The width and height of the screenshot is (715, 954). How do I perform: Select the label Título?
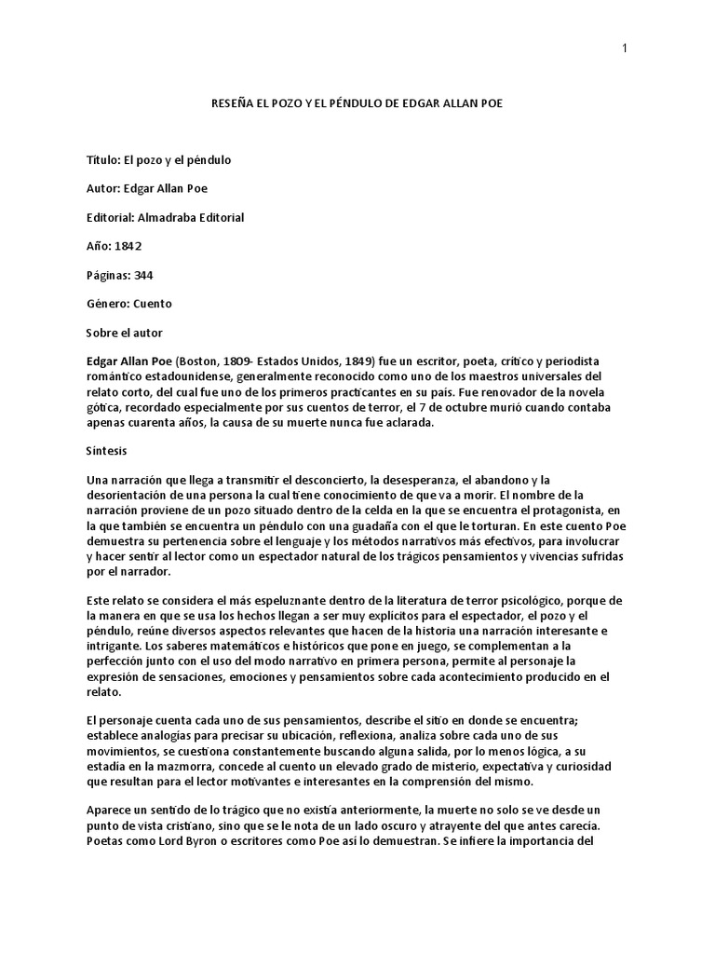click(x=102, y=159)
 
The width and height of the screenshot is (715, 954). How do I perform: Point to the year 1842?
click(x=128, y=246)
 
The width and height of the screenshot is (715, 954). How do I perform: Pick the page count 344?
click(x=143, y=275)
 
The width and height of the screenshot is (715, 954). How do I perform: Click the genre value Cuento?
click(x=153, y=304)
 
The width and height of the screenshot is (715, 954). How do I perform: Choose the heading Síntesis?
click(x=107, y=449)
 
